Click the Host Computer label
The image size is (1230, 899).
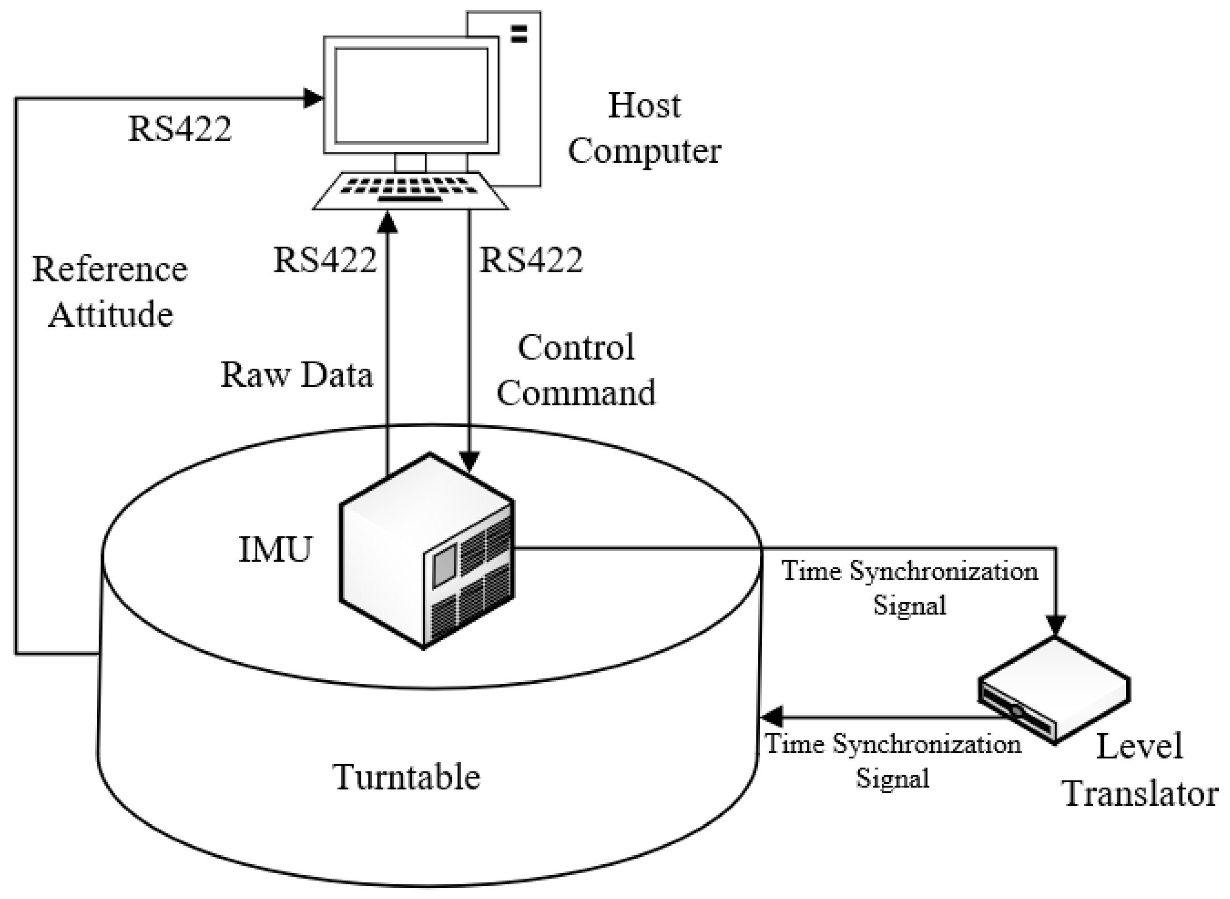[645, 128]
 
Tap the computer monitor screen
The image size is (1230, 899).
[411, 95]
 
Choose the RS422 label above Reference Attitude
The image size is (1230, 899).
[180, 129]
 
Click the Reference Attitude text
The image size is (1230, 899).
[111, 291]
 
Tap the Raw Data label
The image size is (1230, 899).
[297, 375]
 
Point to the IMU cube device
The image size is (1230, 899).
[427, 551]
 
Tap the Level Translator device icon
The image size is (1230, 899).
[1054, 690]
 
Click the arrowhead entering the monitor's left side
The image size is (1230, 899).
[314, 98]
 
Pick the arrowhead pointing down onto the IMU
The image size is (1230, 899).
[470, 462]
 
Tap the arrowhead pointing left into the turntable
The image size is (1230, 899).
[772, 717]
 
